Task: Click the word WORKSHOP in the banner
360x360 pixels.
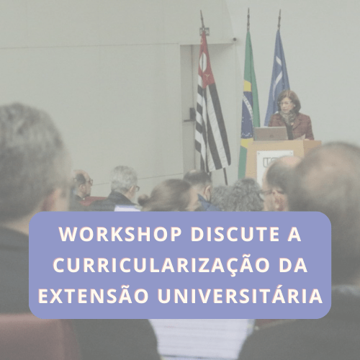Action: point(120,234)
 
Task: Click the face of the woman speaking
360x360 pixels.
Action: point(285,105)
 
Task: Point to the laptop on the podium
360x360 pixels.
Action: point(271,134)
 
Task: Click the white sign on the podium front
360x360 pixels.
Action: point(274,163)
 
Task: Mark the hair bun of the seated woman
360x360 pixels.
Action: point(144,199)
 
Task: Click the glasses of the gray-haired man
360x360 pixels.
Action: point(138,189)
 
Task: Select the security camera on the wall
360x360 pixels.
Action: point(234,39)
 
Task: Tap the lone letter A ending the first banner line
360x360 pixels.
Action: point(294,234)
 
